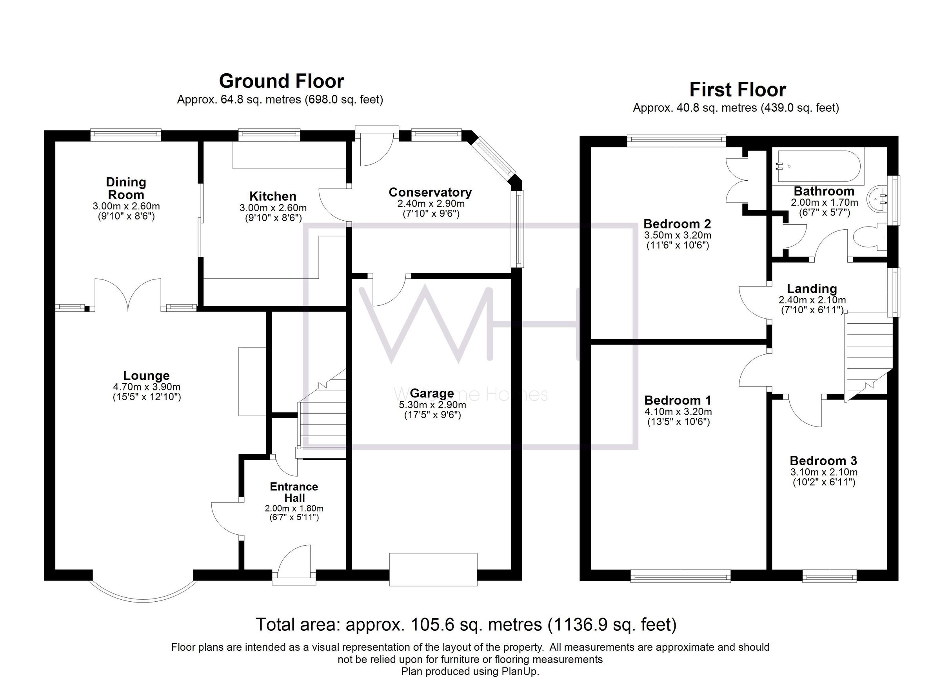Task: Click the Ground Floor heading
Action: pos(281,81)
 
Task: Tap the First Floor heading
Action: pos(737,90)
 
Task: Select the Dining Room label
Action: pos(126,188)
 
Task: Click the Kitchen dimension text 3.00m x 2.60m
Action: pos(272,208)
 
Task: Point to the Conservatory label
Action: pos(430,192)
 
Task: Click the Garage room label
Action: pos(432,393)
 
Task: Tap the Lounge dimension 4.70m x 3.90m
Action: pos(147,387)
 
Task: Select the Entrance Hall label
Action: pos(294,492)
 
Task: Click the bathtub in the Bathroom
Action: pos(820,166)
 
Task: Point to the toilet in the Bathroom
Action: pos(869,238)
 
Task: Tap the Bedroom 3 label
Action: pos(823,461)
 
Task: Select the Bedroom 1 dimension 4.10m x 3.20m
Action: pos(678,412)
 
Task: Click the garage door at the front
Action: pos(433,569)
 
